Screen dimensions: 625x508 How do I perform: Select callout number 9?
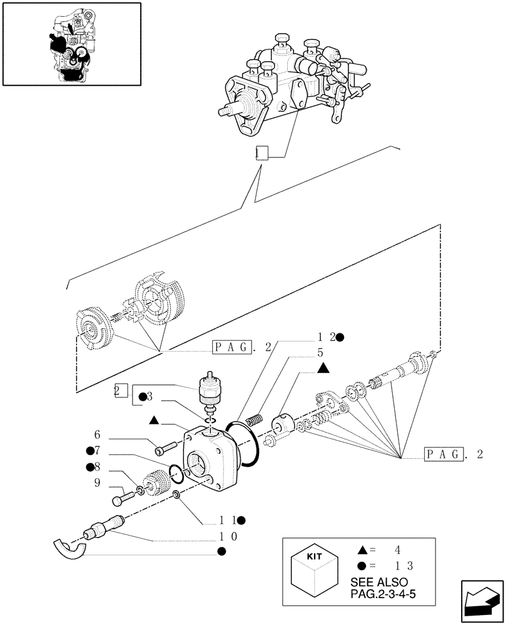(97, 482)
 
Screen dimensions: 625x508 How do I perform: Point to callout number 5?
(321, 352)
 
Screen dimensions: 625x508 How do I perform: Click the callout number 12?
(325, 337)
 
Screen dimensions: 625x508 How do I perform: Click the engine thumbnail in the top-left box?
(71, 44)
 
